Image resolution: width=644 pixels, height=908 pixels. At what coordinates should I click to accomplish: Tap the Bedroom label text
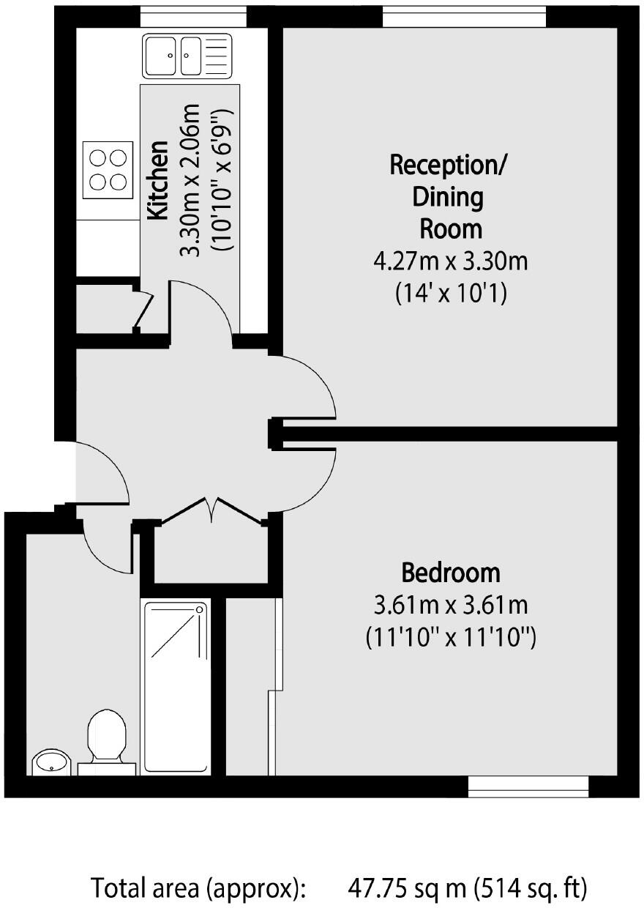[451, 571]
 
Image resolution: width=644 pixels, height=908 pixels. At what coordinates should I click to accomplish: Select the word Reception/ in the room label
[447, 165]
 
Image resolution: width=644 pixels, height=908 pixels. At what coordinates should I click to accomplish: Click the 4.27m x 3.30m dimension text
[450, 261]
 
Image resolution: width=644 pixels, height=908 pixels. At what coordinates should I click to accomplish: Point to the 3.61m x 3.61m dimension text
[451, 606]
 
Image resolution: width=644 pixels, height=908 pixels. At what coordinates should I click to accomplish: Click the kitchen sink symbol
[187, 55]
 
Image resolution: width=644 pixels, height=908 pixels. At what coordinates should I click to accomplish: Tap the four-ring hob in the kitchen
[108, 169]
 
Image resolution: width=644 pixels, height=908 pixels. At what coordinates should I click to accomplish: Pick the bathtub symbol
[176, 686]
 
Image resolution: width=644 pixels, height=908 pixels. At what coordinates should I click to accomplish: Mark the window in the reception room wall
[464, 16]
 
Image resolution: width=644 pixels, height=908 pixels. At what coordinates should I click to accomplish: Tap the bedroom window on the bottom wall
[528, 786]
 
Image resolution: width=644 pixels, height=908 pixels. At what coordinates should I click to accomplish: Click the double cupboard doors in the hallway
[211, 511]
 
